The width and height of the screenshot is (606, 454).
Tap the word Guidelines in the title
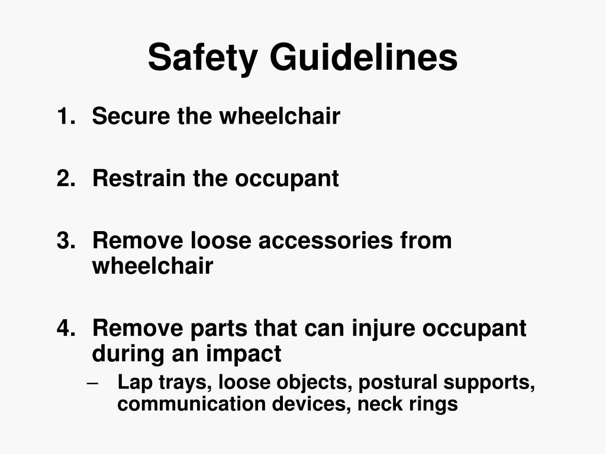(x=364, y=58)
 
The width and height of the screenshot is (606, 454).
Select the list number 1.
(x=65, y=116)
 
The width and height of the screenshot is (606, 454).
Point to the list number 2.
(x=65, y=178)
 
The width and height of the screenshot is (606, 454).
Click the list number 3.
(x=65, y=241)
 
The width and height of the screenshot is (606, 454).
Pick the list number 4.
(x=65, y=328)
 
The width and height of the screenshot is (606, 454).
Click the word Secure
(x=131, y=116)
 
